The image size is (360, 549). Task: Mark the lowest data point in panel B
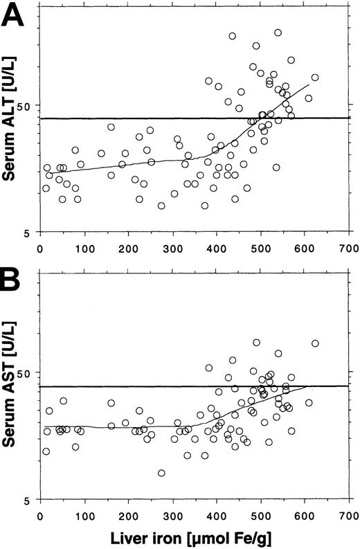[x=161, y=473]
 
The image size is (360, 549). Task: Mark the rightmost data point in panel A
[x=315, y=78]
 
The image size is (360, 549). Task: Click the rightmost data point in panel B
[x=315, y=343]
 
